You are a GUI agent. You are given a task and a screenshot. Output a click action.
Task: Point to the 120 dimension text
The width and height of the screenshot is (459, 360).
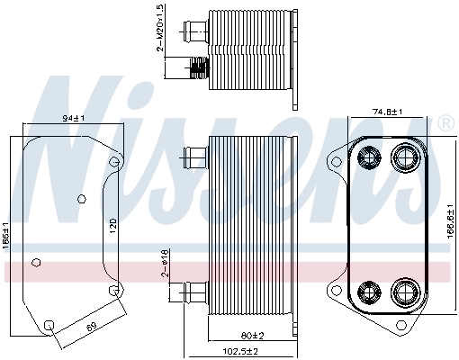tap(112, 226)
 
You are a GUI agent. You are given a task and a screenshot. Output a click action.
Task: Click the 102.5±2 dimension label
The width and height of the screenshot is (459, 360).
tap(240, 351)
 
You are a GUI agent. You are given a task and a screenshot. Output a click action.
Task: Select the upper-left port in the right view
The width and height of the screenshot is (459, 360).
tap(369, 159)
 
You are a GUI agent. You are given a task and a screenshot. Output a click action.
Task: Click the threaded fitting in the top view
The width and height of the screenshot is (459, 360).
tap(198, 66)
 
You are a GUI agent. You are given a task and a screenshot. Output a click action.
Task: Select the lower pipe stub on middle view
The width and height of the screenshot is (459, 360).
tap(193, 292)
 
